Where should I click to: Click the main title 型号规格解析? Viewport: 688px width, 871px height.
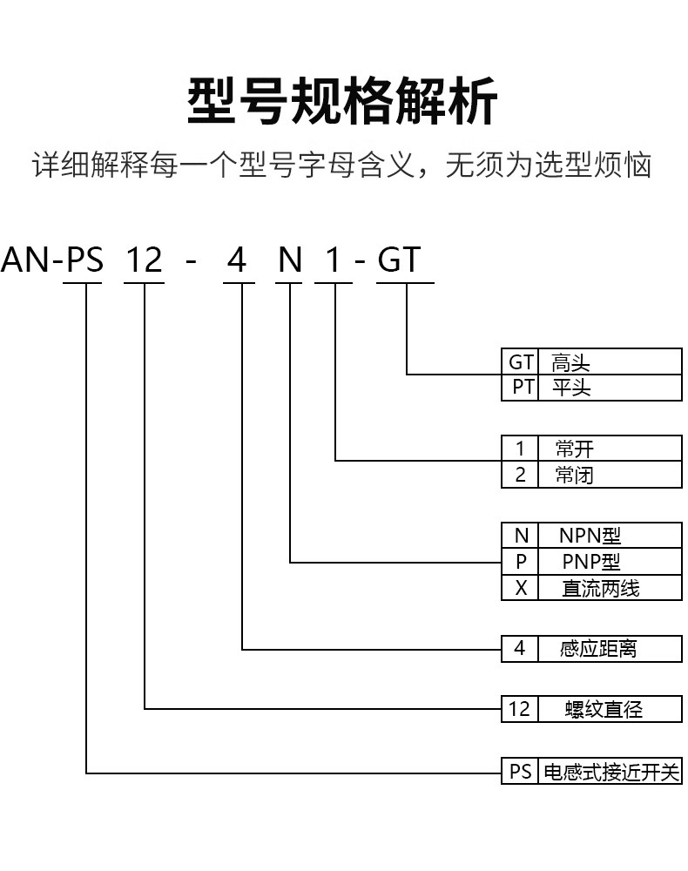click(342, 101)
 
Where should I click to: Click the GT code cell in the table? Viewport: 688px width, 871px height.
click(520, 361)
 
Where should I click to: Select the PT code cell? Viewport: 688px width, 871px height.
click(520, 388)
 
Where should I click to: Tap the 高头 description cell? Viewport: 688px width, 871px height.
click(610, 361)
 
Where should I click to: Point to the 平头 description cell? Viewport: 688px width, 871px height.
click(610, 388)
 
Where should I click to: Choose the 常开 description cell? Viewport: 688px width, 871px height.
click(610, 448)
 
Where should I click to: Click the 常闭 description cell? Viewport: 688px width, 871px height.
click(610, 475)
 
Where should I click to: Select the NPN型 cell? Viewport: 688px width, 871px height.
click(610, 536)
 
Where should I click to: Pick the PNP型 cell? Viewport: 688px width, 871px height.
click(610, 562)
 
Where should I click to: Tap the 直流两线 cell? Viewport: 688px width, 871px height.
click(610, 588)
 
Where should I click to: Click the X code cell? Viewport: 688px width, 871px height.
click(520, 588)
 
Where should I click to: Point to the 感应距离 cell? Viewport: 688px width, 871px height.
click(610, 648)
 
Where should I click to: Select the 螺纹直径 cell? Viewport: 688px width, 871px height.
click(610, 709)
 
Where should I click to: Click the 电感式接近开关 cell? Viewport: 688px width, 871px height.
click(610, 771)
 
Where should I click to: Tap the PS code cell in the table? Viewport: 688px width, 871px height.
click(520, 771)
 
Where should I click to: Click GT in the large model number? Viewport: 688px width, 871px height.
click(399, 260)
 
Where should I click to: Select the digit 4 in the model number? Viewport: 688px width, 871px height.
click(237, 260)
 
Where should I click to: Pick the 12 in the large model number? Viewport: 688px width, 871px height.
click(145, 260)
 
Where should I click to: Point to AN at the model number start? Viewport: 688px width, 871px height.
click(25, 260)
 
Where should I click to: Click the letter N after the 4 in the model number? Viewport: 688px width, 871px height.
click(290, 260)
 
